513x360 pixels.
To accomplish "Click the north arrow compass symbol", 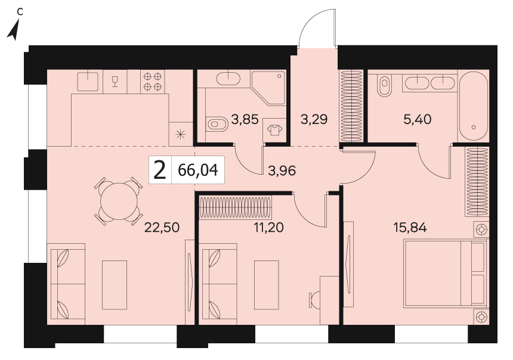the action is [x=14, y=29].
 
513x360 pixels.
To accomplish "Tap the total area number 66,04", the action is [x=198, y=170].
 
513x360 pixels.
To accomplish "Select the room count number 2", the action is [x=160, y=170].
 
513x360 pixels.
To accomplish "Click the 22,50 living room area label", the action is [x=162, y=228].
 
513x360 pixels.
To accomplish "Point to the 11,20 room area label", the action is [x=268, y=227].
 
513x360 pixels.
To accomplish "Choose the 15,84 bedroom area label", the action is [x=410, y=227].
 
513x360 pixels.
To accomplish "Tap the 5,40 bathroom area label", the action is [x=417, y=119].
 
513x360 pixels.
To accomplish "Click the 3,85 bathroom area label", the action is [x=245, y=119].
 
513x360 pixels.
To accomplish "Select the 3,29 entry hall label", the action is [x=314, y=119].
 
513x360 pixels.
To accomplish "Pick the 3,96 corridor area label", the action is [x=282, y=170].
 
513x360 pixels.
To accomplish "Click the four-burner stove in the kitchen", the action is [x=153, y=82].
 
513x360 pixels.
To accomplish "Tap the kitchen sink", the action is [x=88, y=82].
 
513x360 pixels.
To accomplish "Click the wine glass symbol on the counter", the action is [x=115, y=82].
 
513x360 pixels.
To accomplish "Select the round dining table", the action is [x=119, y=201].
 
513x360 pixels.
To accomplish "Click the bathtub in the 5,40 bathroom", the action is [x=474, y=106].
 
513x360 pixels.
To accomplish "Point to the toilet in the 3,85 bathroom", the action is [x=217, y=124].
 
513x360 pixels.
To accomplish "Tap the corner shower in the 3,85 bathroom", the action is [x=268, y=88].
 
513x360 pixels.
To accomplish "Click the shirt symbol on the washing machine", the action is [x=275, y=130].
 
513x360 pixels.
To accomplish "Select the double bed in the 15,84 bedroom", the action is [x=446, y=274].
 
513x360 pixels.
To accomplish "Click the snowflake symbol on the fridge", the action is [x=181, y=134].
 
